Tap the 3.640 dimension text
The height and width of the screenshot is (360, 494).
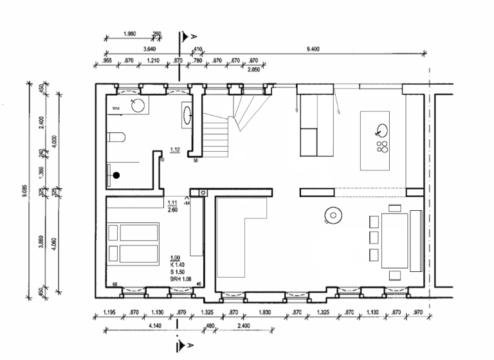[149, 48]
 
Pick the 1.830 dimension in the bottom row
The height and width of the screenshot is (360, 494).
[264, 312]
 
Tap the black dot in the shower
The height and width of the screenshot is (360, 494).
[116, 174]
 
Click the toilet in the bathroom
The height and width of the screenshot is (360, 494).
[115, 137]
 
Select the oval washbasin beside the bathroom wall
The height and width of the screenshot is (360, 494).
[188, 116]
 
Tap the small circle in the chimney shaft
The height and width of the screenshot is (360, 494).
[204, 192]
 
